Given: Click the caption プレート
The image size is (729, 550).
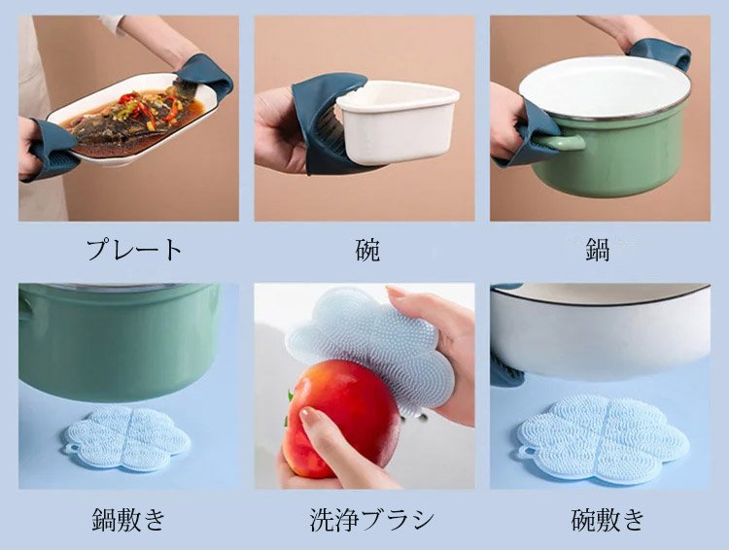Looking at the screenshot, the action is (x=134, y=250).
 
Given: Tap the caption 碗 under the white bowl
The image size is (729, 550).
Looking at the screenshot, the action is (x=367, y=250).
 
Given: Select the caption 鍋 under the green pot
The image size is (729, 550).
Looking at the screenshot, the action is (x=598, y=250).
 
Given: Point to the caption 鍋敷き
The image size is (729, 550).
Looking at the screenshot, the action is (x=128, y=519).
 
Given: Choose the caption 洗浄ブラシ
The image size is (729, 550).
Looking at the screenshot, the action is (x=372, y=519).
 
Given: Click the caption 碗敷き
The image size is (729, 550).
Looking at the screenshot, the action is (x=607, y=519).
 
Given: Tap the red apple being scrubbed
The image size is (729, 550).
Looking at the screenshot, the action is (x=341, y=414).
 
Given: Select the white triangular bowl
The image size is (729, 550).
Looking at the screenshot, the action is (x=397, y=120).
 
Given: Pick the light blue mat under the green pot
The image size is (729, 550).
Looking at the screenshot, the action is (x=126, y=438).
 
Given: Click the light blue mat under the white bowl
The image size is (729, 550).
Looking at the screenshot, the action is (x=603, y=438).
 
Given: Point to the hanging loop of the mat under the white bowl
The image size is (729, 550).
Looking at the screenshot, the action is (x=525, y=451).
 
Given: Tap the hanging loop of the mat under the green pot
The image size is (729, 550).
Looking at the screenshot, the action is (x=72, y=449).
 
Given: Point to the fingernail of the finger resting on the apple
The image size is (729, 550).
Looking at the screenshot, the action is (x=308, y=413).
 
